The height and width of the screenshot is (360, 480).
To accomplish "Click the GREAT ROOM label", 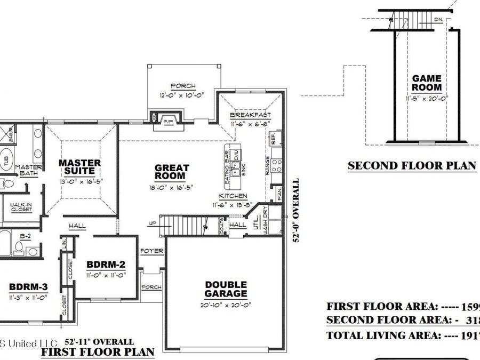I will point(172,172).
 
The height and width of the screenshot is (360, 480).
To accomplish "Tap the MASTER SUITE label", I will point(80,167).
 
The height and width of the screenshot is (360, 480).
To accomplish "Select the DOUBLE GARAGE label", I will point(226,289).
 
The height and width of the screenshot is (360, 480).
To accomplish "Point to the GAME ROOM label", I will point(427,83).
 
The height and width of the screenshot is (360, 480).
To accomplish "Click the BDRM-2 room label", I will point(106,265).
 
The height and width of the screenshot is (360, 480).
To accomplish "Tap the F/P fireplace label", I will point(169,122).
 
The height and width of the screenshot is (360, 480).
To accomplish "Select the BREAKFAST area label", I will point(251,115).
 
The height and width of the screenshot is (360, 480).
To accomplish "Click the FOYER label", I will point(151,251).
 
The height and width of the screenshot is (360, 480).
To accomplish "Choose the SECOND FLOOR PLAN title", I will point(412,165).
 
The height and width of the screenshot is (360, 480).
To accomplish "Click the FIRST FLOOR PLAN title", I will point(98,352).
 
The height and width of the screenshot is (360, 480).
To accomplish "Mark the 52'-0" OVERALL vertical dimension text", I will point(297,210).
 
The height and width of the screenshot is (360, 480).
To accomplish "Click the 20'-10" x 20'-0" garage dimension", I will point(226,305).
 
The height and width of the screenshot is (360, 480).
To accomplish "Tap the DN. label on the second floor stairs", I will point(438,20).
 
